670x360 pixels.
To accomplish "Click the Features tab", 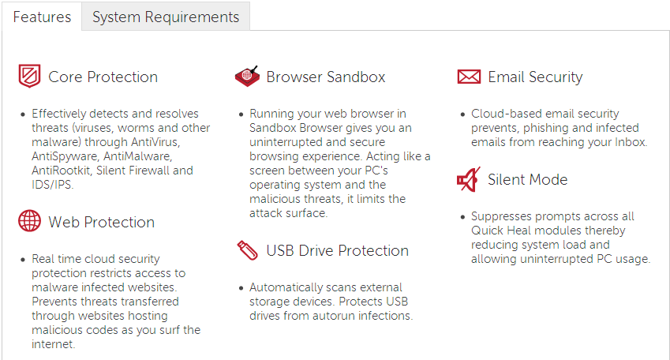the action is [42, 17].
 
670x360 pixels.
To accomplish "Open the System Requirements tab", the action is [166, 17].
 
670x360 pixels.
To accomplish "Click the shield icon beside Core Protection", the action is [29, 76].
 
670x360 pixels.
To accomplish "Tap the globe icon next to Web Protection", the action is [29, 221].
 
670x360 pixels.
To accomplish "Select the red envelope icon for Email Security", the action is [469, 77].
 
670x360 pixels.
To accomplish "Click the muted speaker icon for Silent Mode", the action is [468, 179].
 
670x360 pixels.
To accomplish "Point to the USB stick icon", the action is [248, 250].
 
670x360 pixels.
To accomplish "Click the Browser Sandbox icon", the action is [248, 77].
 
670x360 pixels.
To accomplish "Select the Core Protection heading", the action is [103, 77].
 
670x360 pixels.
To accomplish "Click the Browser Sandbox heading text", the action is [326, 77].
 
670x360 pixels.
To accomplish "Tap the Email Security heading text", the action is [535, 77].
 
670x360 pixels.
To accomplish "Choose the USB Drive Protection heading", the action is [337, 250].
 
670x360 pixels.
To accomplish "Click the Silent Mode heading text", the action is [527, 179].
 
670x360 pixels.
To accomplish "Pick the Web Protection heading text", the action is [101, 223].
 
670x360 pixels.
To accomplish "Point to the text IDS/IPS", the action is [52, 185].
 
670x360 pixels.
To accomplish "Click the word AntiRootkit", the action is [62, 171].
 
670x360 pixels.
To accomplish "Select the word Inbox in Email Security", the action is [630, 142].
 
